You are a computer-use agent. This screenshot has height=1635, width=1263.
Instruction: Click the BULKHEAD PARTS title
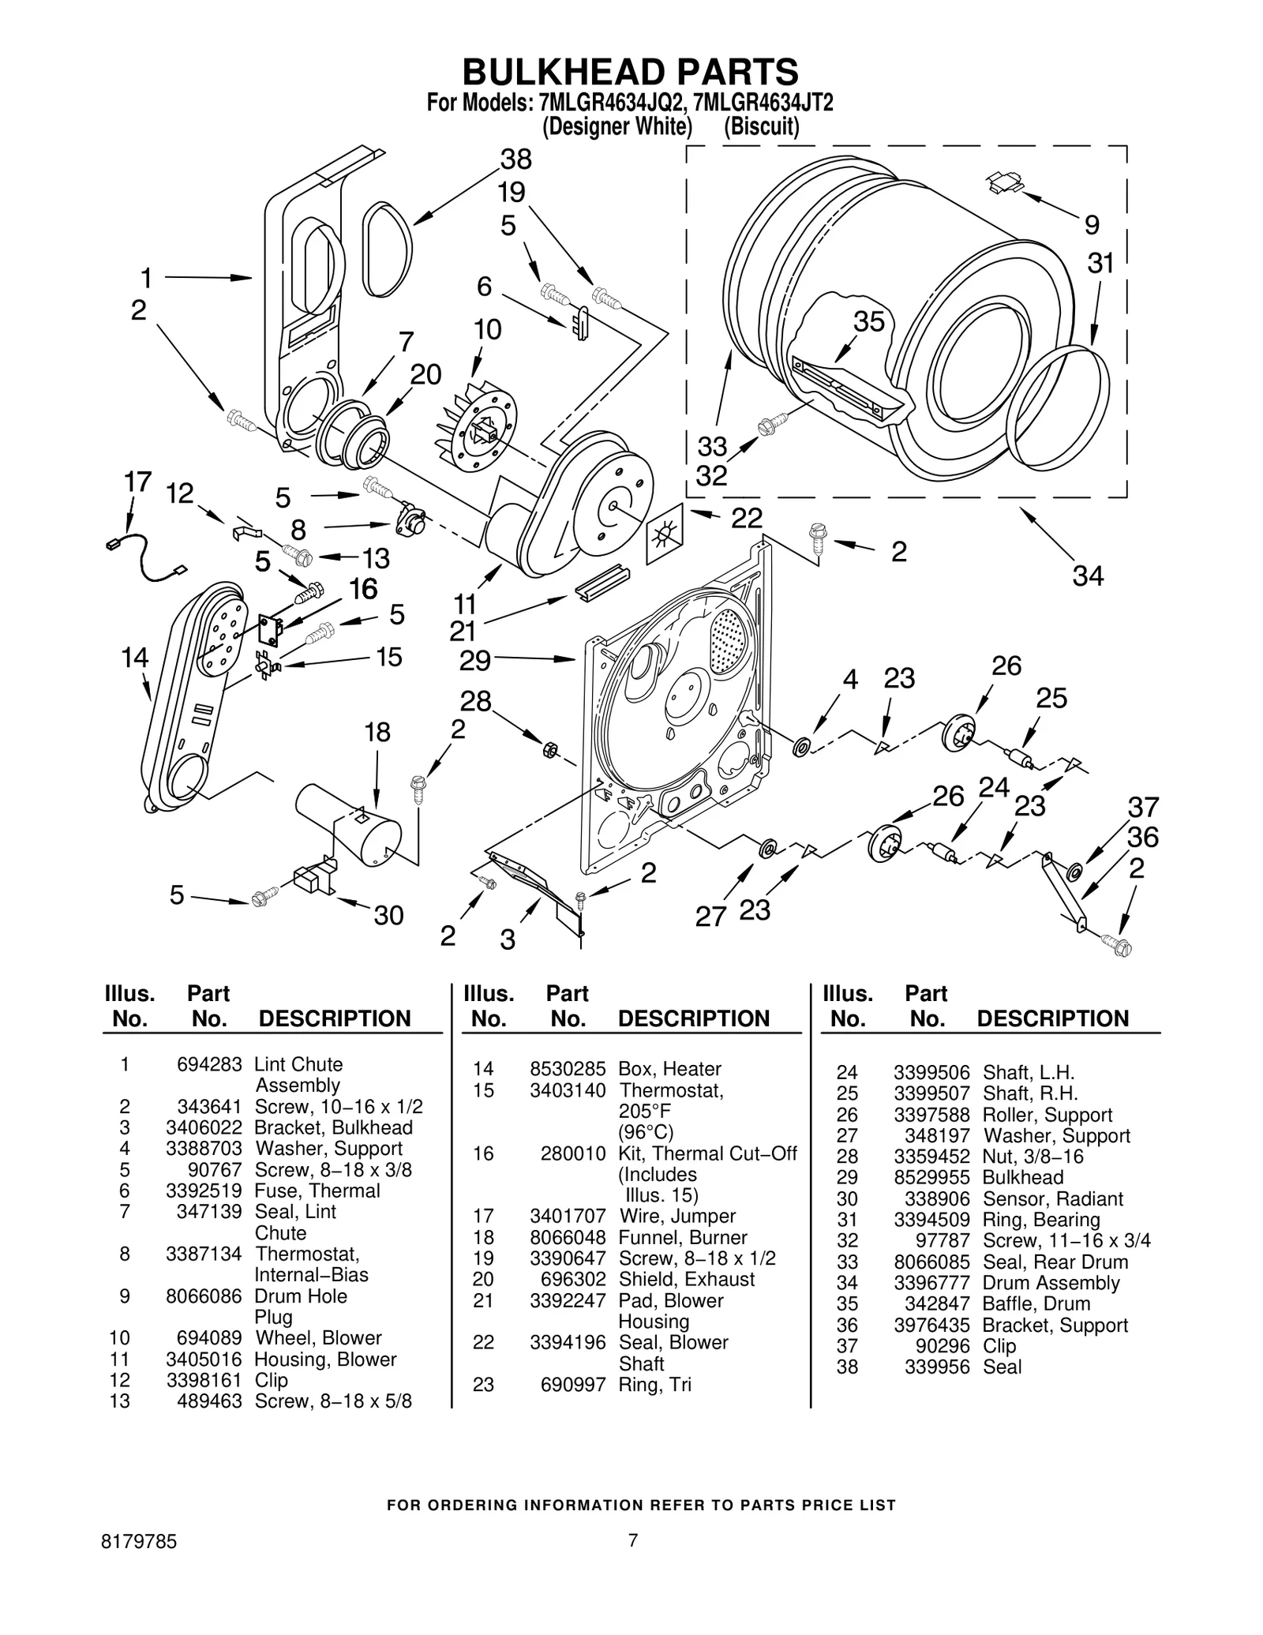click(x=630, y=73)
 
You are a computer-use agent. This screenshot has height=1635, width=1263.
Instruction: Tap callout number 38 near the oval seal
click(x=516, y=159)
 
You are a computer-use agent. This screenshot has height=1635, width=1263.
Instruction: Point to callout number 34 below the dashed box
click(x=1087, y=576)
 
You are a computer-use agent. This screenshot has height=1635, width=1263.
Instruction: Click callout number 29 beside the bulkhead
click(x=475, y=660)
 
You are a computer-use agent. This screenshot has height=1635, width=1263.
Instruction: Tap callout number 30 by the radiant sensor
click(x=388, y=916)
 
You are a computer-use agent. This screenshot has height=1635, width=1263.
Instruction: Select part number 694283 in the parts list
click(x=209, y=1064)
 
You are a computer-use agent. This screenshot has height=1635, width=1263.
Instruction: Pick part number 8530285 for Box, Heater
click(x=567, y=1069)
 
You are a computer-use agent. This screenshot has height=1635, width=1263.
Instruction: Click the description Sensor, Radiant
click(x=1052, y=1198)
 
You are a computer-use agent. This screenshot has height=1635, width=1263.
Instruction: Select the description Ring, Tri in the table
click(x=654, y=1384)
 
